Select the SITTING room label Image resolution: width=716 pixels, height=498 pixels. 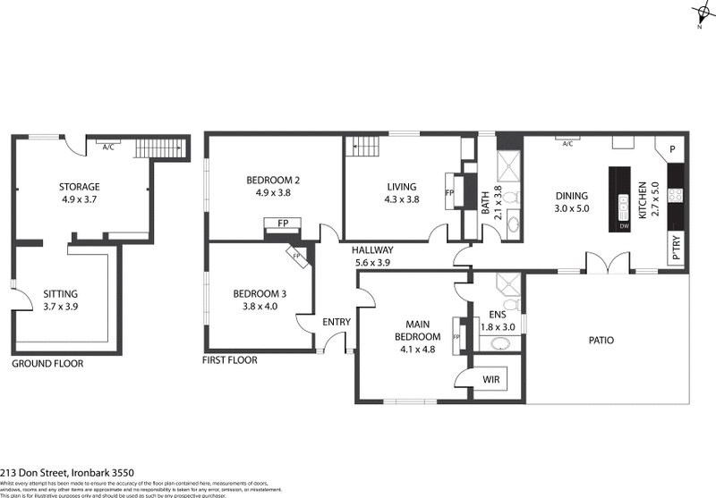(61, 293)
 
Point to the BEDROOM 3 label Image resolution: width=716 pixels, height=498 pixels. (260, 294)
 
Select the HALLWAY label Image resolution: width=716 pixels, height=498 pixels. (373, 250)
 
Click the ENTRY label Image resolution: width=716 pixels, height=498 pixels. (337, 322)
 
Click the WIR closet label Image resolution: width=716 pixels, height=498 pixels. (490, 379)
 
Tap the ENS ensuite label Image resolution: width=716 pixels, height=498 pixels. (497, 315)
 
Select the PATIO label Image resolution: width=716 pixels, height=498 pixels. (601, 340)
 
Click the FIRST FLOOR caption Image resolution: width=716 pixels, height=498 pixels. (230, 360)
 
